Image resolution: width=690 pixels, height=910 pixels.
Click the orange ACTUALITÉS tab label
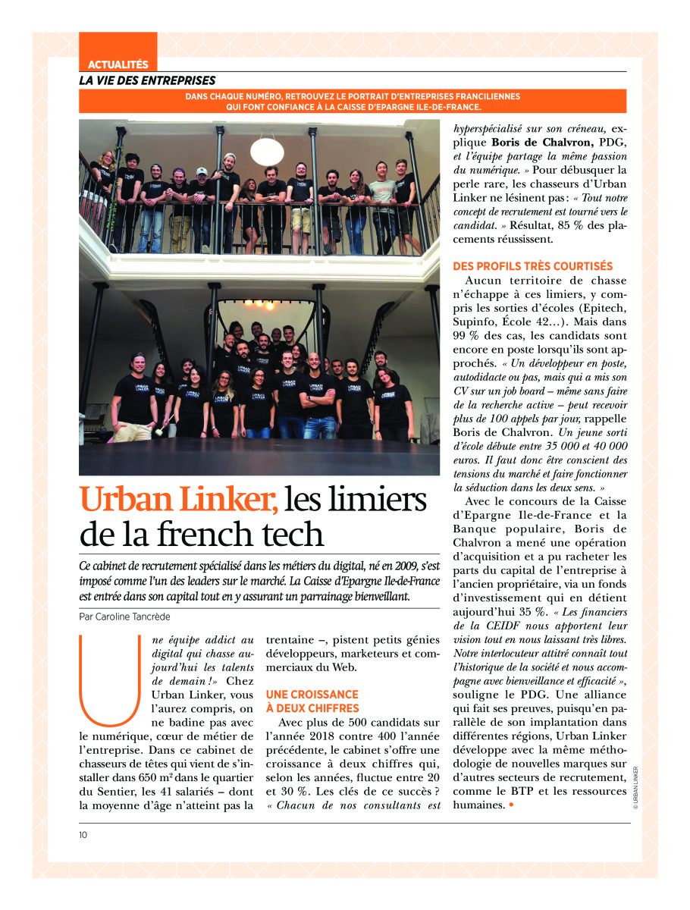click(118, 65)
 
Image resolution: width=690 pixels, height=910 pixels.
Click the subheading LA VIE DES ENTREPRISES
click(147, 80)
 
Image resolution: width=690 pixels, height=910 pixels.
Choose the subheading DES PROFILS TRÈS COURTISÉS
click(532, 266)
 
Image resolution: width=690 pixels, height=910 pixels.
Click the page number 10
click(83, 835)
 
